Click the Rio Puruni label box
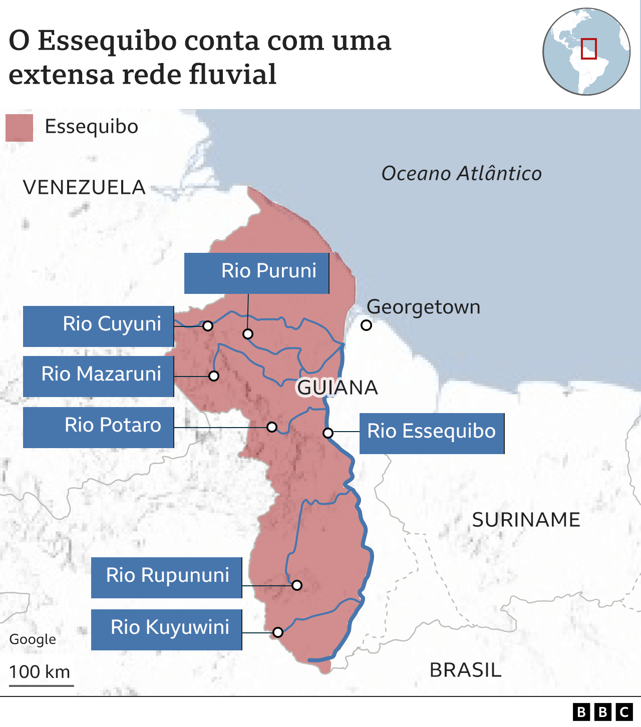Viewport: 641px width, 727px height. [256, 273]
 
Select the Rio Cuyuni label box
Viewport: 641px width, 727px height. [98, 326]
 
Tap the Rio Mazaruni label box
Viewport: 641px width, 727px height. [98, 376]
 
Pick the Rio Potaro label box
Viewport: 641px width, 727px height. [98, 427]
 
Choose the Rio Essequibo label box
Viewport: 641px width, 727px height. [432, 433]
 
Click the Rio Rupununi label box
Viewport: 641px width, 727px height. [166, 577]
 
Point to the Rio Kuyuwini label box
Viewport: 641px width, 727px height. [166, 629]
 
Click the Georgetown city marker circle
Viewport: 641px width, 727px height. [366, 325]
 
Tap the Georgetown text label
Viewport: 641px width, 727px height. [423, 306]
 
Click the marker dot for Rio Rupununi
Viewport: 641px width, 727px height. [297, 585]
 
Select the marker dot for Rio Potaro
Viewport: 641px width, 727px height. [272, 427]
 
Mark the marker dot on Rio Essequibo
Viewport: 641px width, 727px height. [328, 433]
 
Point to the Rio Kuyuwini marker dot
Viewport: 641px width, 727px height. [278, 632]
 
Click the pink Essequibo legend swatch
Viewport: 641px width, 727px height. [19, 128]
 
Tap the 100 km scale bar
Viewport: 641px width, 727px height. [41, 685]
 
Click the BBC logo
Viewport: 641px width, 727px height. [602, 711]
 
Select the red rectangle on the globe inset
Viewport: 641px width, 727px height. [588, 49]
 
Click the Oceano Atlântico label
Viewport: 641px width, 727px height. [461, 173]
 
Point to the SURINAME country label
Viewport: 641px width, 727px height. [526, 520]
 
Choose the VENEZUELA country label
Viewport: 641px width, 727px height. [84, 187]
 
